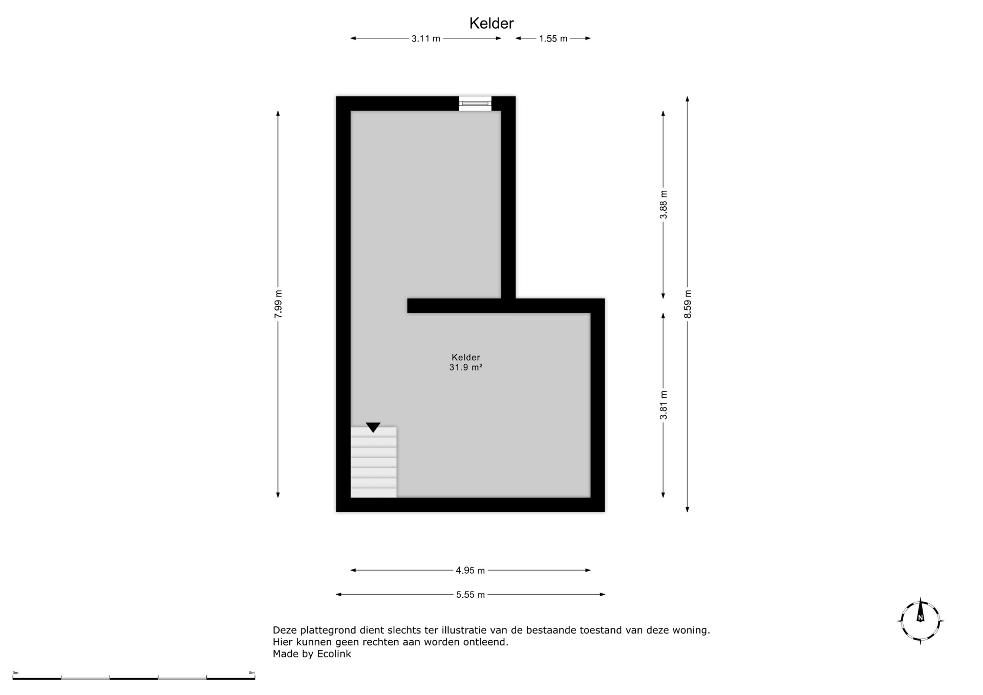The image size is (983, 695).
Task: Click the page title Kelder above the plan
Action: tap(491, 23)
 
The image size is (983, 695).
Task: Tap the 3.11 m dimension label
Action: tap(426, 38)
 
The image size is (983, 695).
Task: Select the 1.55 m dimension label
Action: tap(553, 38)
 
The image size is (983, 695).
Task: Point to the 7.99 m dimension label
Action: tap(278, 304)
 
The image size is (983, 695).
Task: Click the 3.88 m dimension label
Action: tap(664, 205)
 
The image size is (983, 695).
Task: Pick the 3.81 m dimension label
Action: tap(664, 405)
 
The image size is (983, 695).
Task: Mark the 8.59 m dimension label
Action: tap(688, 304)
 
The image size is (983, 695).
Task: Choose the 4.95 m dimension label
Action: tap(471, 570)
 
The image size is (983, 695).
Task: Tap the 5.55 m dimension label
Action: tap(471, 595)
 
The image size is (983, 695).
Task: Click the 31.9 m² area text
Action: tap(466, 367)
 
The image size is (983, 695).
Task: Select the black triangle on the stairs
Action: tap(373, 427)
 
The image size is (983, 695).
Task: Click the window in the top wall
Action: tap(475, 103)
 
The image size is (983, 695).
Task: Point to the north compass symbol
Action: tap(921, 621)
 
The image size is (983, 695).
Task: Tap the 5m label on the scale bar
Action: tap(252, 673)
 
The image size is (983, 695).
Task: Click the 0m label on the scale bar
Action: tap(15, 673)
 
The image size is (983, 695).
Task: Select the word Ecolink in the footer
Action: tap(334, 654)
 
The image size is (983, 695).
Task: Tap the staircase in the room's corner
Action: tap(374, 462)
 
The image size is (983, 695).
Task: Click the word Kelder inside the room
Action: tap(466, 357)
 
